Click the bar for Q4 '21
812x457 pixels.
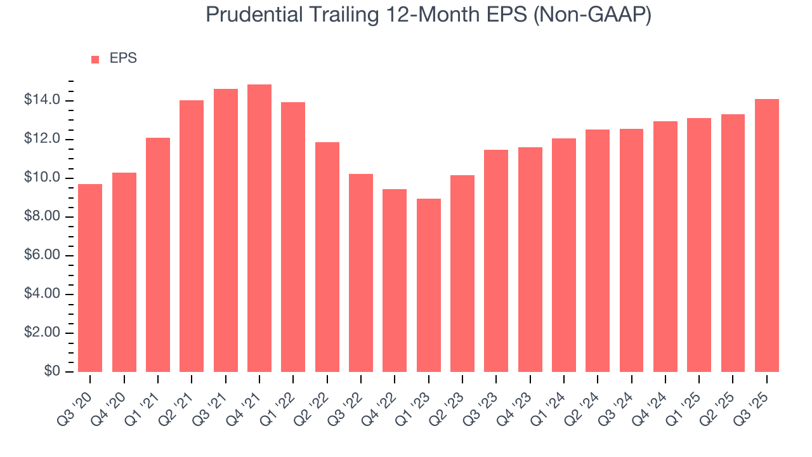point(259,228)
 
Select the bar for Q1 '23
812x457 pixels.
point(429,286)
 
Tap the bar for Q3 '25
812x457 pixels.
point(767,235)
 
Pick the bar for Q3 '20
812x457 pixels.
point(90,278)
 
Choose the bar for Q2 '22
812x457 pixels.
point(327,257)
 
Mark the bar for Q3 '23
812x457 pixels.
point(496,261)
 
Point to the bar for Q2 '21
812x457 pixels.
point(192,236)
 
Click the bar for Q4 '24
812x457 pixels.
point(665,246)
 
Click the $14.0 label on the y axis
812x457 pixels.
point(43,100)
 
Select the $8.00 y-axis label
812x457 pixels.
point(43,217)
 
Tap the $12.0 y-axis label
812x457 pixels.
point(43,140)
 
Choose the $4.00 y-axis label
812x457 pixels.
point(43,295)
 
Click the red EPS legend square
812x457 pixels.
point(95,59)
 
